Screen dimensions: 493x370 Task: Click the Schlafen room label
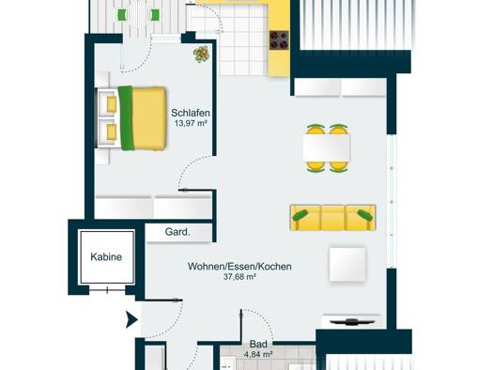point(191,113)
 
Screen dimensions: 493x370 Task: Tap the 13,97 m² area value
point(191,123)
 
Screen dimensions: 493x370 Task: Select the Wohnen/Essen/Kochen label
point(239,267)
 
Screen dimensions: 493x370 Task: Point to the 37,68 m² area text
point(239,277)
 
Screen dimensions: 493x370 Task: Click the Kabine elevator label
point(106,256)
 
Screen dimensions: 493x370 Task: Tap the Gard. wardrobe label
point(177,232)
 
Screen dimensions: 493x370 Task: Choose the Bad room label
point(258,344)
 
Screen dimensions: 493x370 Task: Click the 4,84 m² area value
point(258,354)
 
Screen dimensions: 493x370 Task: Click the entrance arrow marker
point(131,319)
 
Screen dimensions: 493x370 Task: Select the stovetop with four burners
point(279,40)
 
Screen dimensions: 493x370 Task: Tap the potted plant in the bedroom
point(201,54)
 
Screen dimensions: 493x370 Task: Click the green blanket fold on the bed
point(126,118)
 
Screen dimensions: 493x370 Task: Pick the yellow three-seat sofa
point(332,218)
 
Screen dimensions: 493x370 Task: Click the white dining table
point(327,147)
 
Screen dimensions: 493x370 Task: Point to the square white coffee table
point(347,265)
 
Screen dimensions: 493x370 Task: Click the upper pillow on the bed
point(112,104)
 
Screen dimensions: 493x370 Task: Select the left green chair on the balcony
point(122,15)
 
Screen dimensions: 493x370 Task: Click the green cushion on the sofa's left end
point(300,215)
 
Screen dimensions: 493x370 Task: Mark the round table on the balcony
point(138,14)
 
